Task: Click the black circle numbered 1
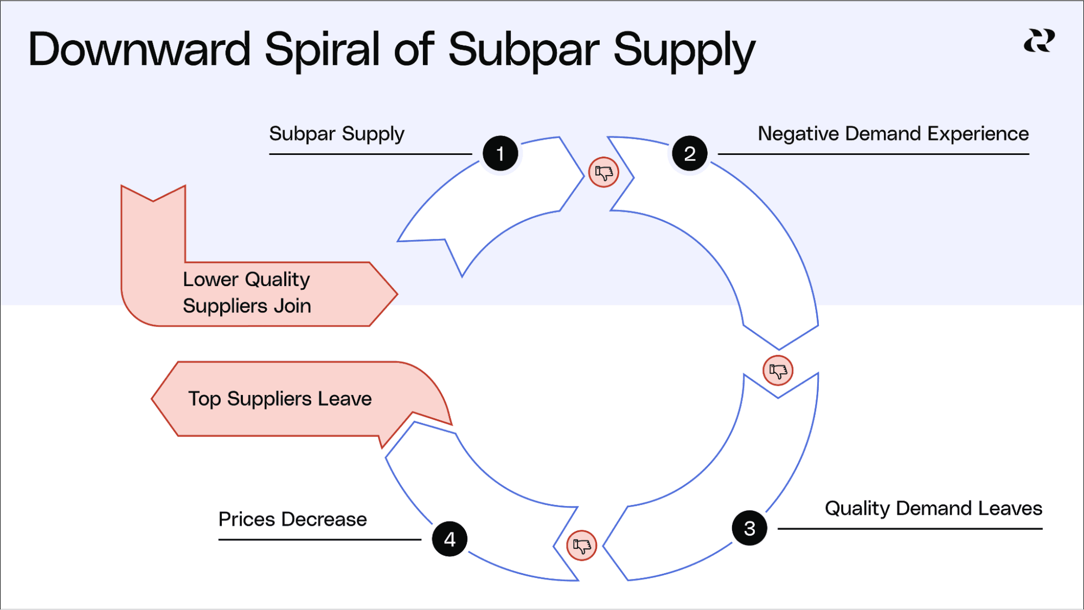(500, 154)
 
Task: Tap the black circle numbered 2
(689, 154)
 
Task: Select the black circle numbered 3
(749, 528)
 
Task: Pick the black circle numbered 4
(450, 539)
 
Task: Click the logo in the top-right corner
(1039, 41)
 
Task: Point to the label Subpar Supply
(337, 134)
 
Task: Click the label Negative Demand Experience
(893, 134)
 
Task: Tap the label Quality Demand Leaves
(933, 508)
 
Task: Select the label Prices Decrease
(292, 520)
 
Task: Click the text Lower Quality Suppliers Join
(247, 293)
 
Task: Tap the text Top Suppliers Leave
(280, 399)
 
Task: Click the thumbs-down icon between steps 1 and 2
(604, 172)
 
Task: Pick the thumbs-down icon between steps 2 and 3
(778, 371)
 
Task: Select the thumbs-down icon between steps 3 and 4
(581, 545)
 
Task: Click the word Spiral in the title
(323, 50)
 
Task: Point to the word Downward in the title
(139, 50)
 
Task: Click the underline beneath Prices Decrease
(319, 540)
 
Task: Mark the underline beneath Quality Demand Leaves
(909, 529)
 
